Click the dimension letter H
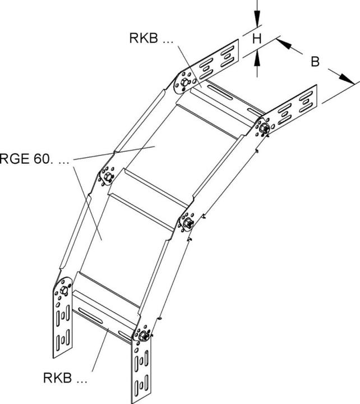[257, 38]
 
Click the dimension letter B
[316, 61]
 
